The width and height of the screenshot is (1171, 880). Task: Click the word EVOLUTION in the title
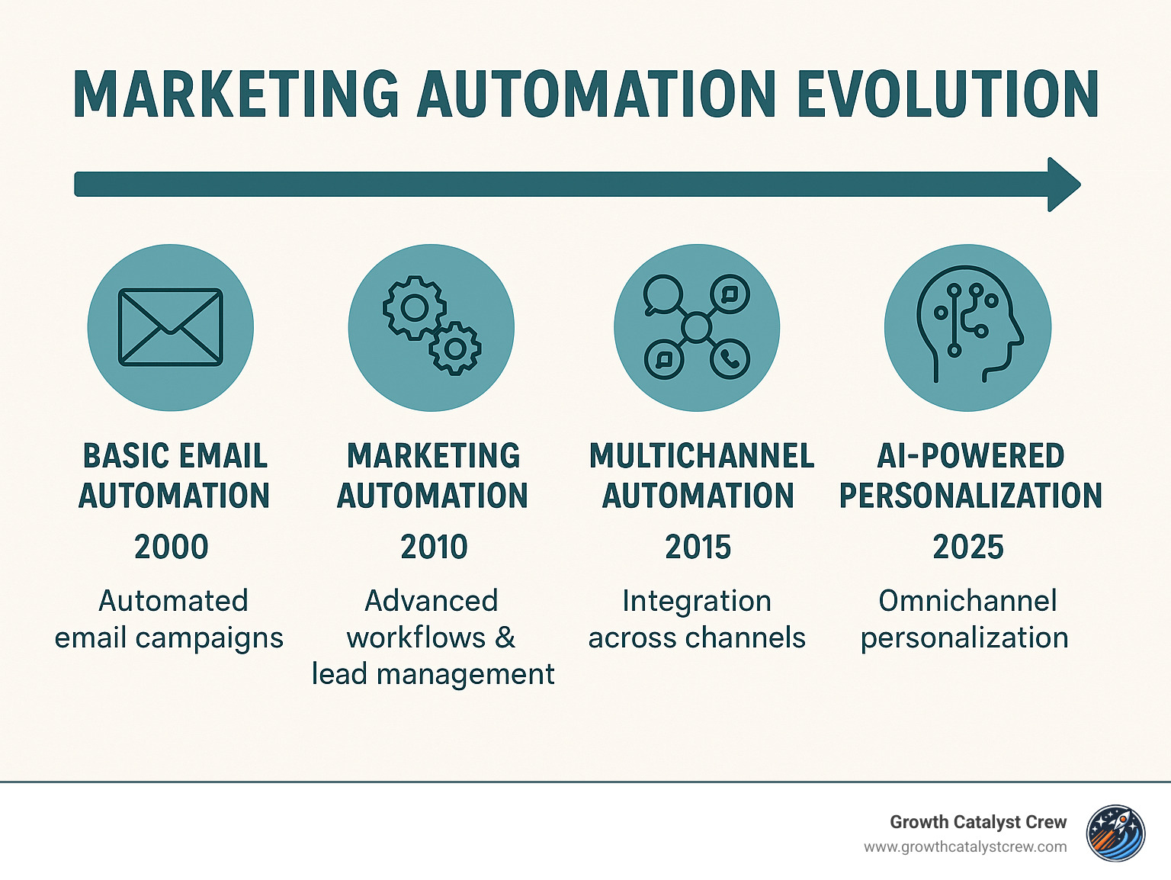[947, 95]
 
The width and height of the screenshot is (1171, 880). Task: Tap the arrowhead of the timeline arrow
[1064, 185]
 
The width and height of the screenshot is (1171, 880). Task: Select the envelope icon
[171, 327]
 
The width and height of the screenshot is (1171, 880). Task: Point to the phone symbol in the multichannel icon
[730, 358]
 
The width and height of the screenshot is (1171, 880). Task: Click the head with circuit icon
[967, 327]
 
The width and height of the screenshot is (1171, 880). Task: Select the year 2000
[172, 547]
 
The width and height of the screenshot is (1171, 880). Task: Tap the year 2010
[434, 547]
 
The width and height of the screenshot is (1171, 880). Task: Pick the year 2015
[698, 547]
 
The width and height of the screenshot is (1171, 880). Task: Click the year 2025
[968, 547]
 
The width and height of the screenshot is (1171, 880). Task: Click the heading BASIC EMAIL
[175, 456]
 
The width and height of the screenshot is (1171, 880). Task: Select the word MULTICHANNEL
[701, 456]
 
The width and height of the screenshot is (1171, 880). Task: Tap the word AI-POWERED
[970, 456]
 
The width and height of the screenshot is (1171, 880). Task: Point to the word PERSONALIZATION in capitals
[970, 496]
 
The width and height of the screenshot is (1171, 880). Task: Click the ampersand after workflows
[505, 638]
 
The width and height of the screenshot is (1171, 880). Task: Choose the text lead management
[433, 674]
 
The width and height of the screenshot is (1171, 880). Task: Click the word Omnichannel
[967, 601]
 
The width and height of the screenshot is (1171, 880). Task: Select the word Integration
[697, 601]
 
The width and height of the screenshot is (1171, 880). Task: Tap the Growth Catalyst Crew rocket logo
[1115, 833]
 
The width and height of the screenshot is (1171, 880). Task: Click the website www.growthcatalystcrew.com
[965, 847]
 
